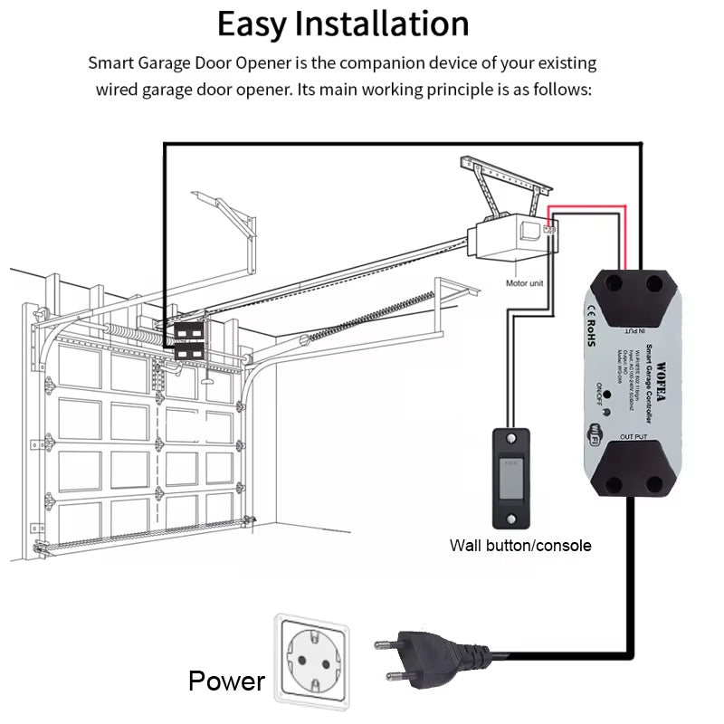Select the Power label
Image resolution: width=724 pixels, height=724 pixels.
[226, 681]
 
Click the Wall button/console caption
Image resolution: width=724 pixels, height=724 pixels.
[520, 545]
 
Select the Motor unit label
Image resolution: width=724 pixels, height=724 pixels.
[525, 283]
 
